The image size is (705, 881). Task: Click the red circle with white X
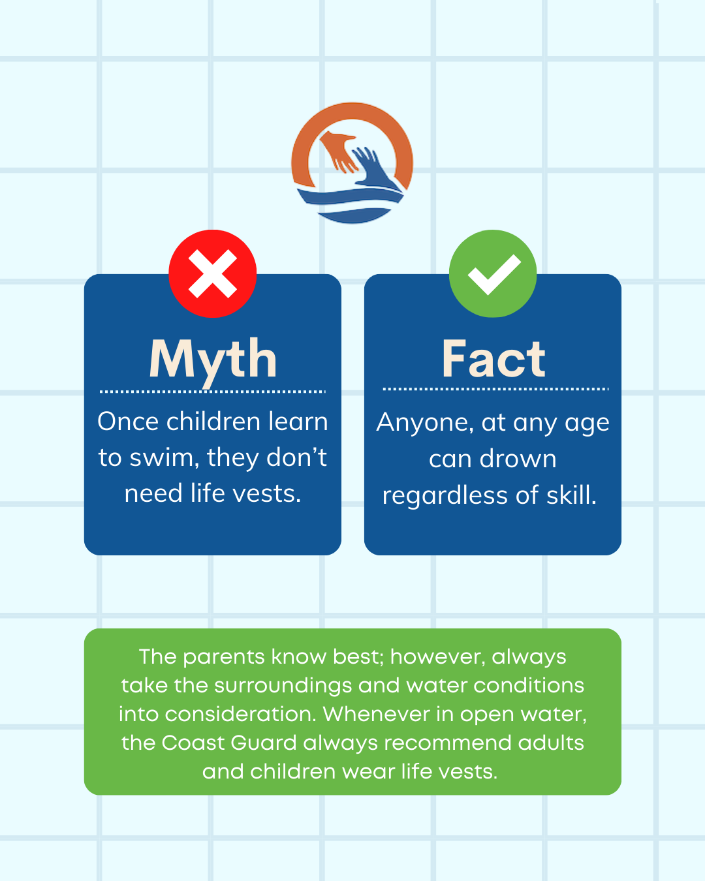pyautogui.click(x=213, y=273)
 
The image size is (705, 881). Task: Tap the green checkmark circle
pyautogui.click(x=493, y=273)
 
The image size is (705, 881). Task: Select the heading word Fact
pyautogui.click(x=493, y=359)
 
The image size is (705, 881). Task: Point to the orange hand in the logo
pyautogui.click(x=338, y=150)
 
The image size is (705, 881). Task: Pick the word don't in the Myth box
pyautogui.click(x=296, y=457)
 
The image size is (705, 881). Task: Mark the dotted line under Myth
pyautogui.click(x=213, y=392)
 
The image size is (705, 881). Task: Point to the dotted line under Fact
pyautogui.click(x=495, y=389)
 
